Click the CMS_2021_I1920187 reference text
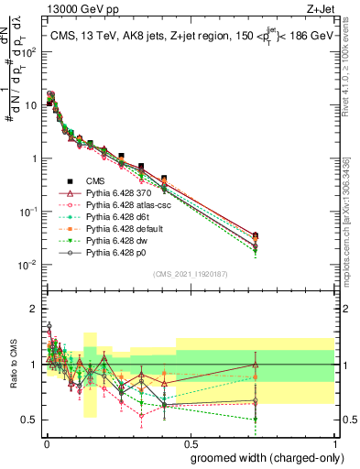189,274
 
